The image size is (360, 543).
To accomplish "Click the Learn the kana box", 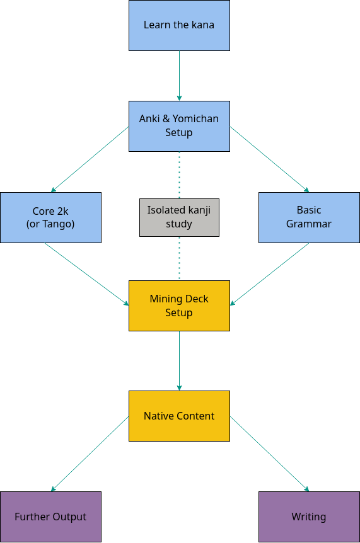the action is (x=179, y=26).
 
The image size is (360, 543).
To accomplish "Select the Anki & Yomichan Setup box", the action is (x=179, y=127).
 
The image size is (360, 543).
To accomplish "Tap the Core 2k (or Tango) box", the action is (x=50, y=217).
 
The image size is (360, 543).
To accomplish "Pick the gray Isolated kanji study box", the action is (x=179, y=217).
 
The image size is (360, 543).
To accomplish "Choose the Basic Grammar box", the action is (x=309, y=217).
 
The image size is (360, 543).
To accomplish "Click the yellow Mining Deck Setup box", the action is (x=179, y=306).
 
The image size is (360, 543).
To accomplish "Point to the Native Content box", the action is (x=179, y=416).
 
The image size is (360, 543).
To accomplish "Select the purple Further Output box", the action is (x=50, y=517).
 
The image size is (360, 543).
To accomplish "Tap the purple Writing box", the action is (x=309, y=517).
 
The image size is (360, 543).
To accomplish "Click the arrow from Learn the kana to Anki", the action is (x=179, y=76).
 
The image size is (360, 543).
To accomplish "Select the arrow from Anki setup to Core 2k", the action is (x=90, y=159).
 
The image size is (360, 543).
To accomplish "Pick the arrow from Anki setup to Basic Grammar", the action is (x=270, y=159).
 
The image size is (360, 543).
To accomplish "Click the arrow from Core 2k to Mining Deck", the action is (x=86, y=274).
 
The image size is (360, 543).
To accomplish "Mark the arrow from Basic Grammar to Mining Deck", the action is (x=269, y=274).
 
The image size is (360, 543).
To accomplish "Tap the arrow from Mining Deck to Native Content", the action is (x=179, y=361).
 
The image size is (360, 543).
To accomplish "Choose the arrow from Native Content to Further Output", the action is (x=90, y=454).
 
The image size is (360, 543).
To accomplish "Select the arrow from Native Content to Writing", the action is (x=270, y=454).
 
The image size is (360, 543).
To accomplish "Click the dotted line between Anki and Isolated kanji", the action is (x=179, y=175).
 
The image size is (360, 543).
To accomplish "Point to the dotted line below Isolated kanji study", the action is (x=179, y=259).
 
